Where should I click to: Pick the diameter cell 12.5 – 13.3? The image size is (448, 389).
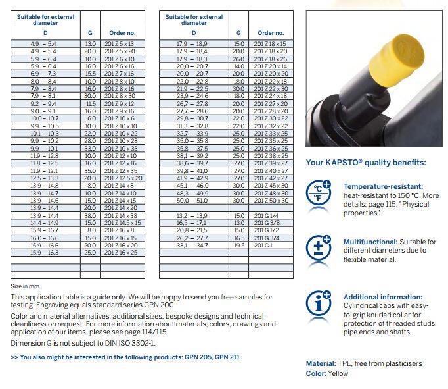45,178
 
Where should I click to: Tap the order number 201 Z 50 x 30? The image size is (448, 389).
270,200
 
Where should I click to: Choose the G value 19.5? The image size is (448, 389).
238,245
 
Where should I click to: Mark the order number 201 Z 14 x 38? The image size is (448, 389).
121,215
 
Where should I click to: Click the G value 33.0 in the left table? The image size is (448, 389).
90,148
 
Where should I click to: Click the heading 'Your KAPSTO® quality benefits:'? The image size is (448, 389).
366,162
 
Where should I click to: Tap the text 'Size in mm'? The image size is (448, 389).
26,286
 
